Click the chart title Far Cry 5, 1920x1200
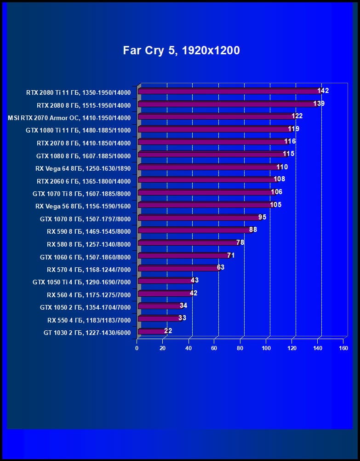click(x=181, y=50)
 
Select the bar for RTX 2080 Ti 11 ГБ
click(x=228, y=92)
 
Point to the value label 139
click(x=319, y=104)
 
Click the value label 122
click(x=297, y=116)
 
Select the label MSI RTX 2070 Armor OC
click(x=69, y=118)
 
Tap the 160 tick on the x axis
click(x=343, y=348)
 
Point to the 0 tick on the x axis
click(x=137, y=348)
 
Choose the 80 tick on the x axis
click(x=240, y=348)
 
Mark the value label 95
click(x=262, y=217)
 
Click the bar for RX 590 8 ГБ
click(x=193, y=230)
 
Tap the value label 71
click(x=231, y=255)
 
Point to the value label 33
click(x=182, y=317)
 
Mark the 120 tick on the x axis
click(x=291, y=348)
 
